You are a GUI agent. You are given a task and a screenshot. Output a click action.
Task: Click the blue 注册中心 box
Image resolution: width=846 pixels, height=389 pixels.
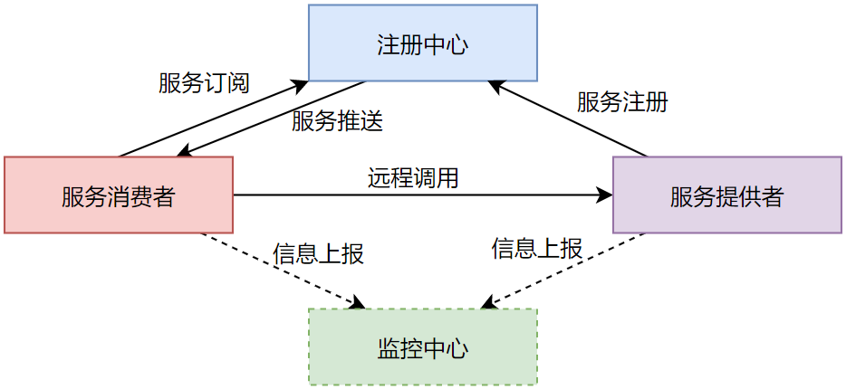(x=422, y=43)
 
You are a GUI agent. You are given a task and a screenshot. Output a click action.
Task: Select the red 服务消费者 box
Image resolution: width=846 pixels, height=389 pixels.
(x=119, y=194)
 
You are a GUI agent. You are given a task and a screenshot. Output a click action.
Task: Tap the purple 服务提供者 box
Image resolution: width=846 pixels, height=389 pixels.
(x=726, y=194)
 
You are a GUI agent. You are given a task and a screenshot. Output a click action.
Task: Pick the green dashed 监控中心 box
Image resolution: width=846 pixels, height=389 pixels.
(x=422, y=347)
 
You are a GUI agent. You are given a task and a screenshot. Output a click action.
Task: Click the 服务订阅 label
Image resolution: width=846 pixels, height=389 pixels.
(x=204, y=83)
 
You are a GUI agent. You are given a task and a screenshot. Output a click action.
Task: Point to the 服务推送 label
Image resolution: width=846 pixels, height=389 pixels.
(x=337, y=121)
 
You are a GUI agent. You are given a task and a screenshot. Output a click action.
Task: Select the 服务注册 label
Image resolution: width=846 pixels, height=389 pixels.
(x=622, y=101)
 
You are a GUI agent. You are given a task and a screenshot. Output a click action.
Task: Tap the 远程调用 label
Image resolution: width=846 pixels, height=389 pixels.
(x=413, y=178)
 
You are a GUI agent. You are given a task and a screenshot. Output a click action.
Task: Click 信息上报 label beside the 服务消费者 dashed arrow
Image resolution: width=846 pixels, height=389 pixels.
(x=318, y=253)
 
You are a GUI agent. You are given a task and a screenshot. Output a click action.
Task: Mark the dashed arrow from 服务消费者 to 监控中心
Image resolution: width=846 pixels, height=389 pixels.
(x=281, y=270)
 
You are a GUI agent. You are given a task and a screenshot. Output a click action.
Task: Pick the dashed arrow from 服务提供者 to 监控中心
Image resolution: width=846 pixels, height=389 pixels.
(x=563, y=270)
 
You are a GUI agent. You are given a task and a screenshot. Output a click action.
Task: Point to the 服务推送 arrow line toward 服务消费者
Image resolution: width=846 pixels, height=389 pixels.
(x=272, y=119)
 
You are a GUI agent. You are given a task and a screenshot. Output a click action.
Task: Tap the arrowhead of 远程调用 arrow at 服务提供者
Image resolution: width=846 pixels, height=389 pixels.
(x=606, y=194)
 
